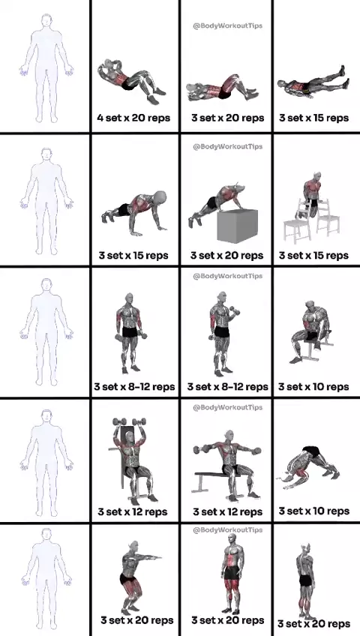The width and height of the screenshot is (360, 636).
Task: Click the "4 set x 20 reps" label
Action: [x=133, y=118]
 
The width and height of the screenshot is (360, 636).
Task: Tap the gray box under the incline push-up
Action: [x=238, y=226]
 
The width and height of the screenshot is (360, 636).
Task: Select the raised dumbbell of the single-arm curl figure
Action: [x=235, y=311]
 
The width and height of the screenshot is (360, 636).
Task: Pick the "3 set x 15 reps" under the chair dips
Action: [x=313, y=256]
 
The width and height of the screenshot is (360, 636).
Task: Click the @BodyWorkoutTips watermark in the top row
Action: [x=227, y=25]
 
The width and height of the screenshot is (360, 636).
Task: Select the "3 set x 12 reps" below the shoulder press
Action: [x=133, y=512]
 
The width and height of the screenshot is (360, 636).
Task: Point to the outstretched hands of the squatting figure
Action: [x=156, y=557]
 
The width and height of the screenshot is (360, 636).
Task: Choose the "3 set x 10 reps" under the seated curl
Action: [x=313, y=386]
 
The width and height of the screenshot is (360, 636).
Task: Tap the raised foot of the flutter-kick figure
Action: [x=343, y=69]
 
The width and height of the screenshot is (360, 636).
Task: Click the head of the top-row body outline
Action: [x=46, y=21]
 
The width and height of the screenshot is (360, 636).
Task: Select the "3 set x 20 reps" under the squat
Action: [x=137, y=620]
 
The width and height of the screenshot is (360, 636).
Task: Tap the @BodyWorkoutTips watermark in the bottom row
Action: [x=227, y=529]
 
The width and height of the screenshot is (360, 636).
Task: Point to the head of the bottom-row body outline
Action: [x=46, y=535]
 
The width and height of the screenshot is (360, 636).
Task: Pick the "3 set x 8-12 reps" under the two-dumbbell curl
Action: [x=134, y=386]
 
